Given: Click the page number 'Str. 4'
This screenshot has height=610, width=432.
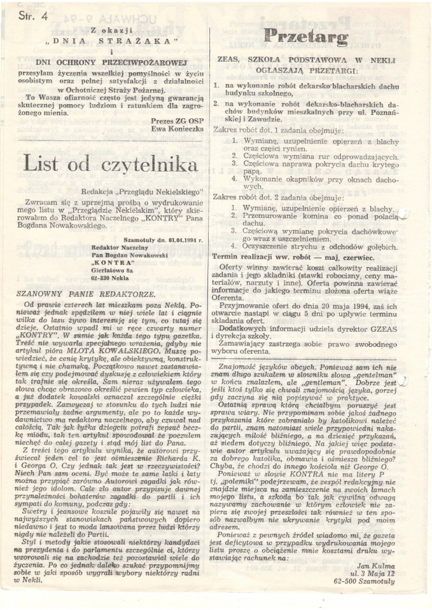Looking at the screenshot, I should pos(33,17).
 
